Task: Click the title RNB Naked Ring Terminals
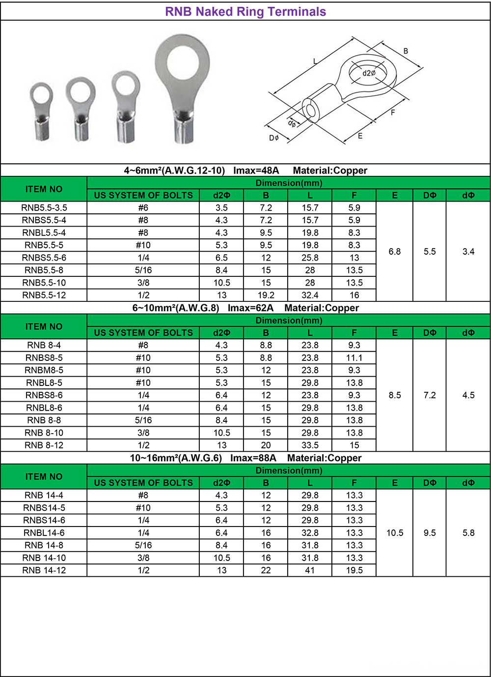click(x=245, y=12)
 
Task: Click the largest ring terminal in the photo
click(x=183, y=93)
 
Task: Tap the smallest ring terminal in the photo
click(x=42, y=111)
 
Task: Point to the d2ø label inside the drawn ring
click(x=369, y=73)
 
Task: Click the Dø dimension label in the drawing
click(x=274, y=138)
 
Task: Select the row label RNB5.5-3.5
click(x=44, y=208)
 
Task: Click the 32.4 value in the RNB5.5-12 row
click(x=310, y=295)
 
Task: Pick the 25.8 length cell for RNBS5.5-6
click(x=310, y=258)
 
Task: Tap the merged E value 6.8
click(x=394, y=252)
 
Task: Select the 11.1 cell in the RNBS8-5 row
click(x=354, y=358)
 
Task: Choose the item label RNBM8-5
click(x=44, y=370)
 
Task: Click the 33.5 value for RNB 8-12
click(x=310, y=445)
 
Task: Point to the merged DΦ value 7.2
click(x=429, y=395)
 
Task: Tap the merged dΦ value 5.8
click(x=468, y=533)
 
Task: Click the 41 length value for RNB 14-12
click(x=310, y=570)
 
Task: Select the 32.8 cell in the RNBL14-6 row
click(x=310, y=533)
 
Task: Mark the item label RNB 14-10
click(x=44, y=558)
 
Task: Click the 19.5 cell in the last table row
click(x=354, y=570)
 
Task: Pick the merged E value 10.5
click(x=394, y=533)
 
